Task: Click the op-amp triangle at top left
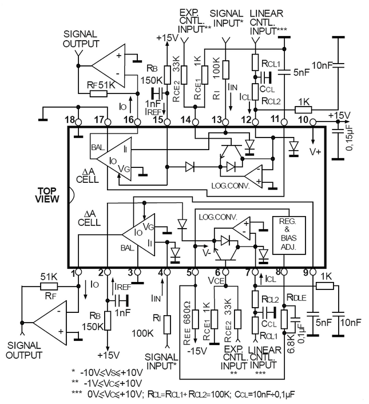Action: pos(109,64)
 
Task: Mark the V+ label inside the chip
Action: pos(316,151)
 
